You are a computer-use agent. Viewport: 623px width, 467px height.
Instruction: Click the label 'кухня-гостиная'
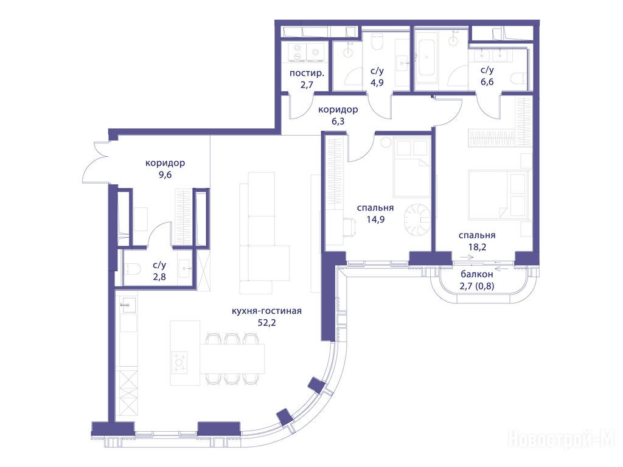click(x=266, y=311)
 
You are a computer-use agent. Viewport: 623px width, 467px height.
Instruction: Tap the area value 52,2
click(x=266, y=323)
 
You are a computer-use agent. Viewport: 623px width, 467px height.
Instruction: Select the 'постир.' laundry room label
click(x=307, y=73)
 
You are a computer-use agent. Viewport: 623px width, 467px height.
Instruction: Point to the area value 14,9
click(x=375, y=219)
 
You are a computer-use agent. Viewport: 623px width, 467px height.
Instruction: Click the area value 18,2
click(x=477, y=247)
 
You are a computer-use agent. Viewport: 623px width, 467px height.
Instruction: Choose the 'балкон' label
click(x=477, y=274)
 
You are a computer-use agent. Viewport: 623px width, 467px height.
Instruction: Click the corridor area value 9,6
click(x=165, y=175)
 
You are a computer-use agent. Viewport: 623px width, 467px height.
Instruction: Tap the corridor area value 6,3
click(x=338, y=122)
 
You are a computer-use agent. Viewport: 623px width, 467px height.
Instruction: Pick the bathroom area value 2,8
click(x=159, y=277)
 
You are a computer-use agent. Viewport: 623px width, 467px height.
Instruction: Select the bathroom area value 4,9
click(x=377, y=83)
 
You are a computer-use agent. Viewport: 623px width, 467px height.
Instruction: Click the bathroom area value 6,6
click(x=487, y=82)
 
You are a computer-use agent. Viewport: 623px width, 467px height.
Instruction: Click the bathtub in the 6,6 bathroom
click(x=426, y=57)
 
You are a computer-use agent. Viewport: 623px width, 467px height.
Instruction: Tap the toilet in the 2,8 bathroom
click(x=132, y=269)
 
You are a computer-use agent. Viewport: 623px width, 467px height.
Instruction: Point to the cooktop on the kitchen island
click(x=179, y=362)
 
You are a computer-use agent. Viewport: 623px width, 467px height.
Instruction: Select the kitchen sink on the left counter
click(x=128, y=305)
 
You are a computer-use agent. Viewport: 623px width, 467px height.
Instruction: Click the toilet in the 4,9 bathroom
click(x=377, y=41)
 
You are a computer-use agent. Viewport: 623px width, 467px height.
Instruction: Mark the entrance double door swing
click(x=96, y=163)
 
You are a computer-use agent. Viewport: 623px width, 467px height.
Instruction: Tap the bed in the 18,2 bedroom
click(x=498, y=195)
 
